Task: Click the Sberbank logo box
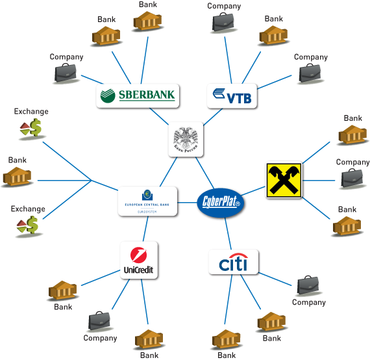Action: click(x=137, y=96)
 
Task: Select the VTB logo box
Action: click(x=232, y=96)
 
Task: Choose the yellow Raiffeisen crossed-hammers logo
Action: click(x=284, y=180)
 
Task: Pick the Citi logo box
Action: click(x=233, y=263)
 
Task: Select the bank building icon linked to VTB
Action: click(x=274, y=34)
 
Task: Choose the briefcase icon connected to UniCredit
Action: click(x=100, y=321)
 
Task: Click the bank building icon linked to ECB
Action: click(x=18, y=175)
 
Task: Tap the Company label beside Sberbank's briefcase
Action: click(x=66, y=57)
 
